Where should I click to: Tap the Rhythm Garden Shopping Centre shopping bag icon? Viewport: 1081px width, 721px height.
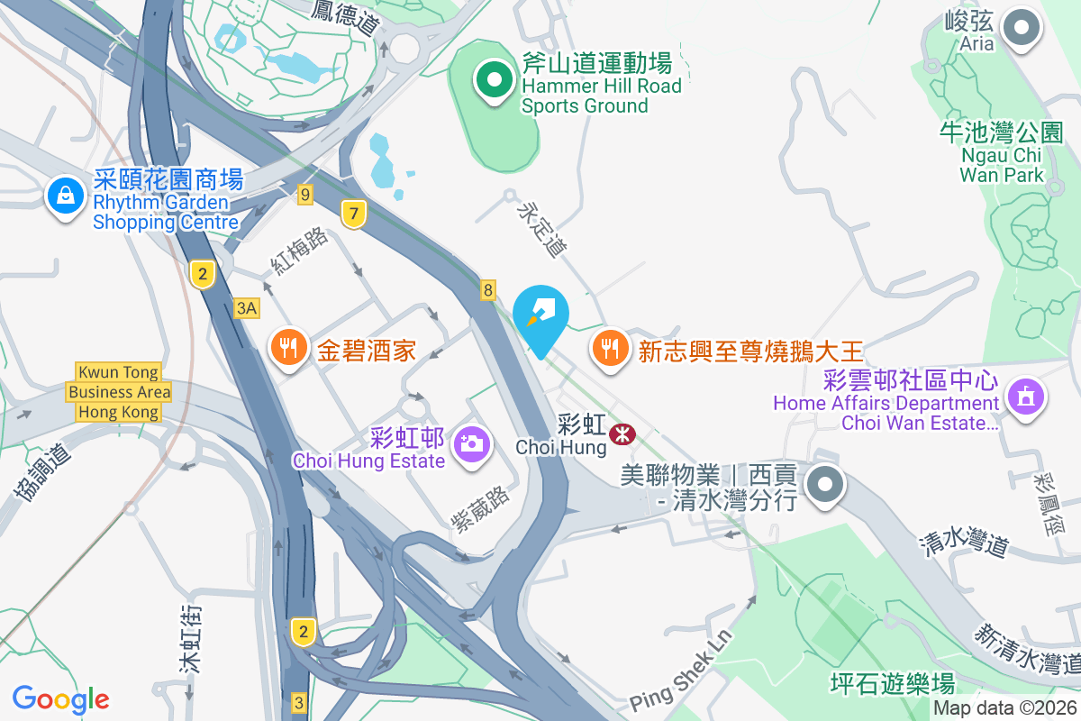pos(66,194)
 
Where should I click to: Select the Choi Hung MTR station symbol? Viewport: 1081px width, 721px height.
pos(621,434)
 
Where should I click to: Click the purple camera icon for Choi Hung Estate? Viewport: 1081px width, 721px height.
pos(470,443)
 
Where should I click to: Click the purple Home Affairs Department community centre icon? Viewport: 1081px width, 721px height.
pos(1025,395)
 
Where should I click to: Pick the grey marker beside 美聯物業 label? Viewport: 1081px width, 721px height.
pos(824,485)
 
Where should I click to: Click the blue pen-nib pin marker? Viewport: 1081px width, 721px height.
pos(540,315)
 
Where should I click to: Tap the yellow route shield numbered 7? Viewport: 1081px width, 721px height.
pos(355,214)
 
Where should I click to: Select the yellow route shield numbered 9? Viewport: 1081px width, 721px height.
pos(306,193)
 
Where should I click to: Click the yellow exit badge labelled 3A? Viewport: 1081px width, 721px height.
pos(246,308)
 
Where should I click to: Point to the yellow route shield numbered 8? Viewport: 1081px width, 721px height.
pos(488,289)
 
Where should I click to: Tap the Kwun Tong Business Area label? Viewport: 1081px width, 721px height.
pos(119,392)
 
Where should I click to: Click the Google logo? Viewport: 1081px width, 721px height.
pos(60,698)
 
